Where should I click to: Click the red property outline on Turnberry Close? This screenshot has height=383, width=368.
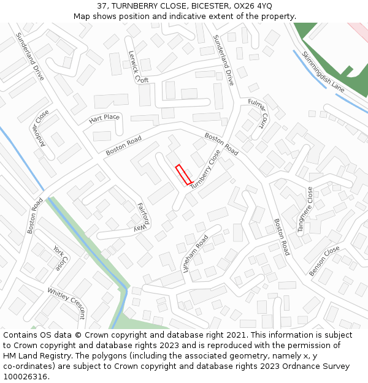click(x=182, y=175)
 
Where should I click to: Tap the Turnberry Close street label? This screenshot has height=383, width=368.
click(x=205, y=169)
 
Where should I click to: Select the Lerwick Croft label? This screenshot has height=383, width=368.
click(x=137, y=67)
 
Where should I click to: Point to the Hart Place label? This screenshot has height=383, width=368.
click(x=104, y=118)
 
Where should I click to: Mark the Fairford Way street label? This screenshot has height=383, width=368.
click(x=142, y=217)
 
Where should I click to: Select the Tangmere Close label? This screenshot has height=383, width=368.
click(x=305, y=210)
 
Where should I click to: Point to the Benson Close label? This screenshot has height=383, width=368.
click(x=324, y=261)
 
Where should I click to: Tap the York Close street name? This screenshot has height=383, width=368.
click(x=59, y=259)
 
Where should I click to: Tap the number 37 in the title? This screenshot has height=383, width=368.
click(x=102, y=6)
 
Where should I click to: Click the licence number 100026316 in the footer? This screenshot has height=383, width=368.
click(x=25, y=376)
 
